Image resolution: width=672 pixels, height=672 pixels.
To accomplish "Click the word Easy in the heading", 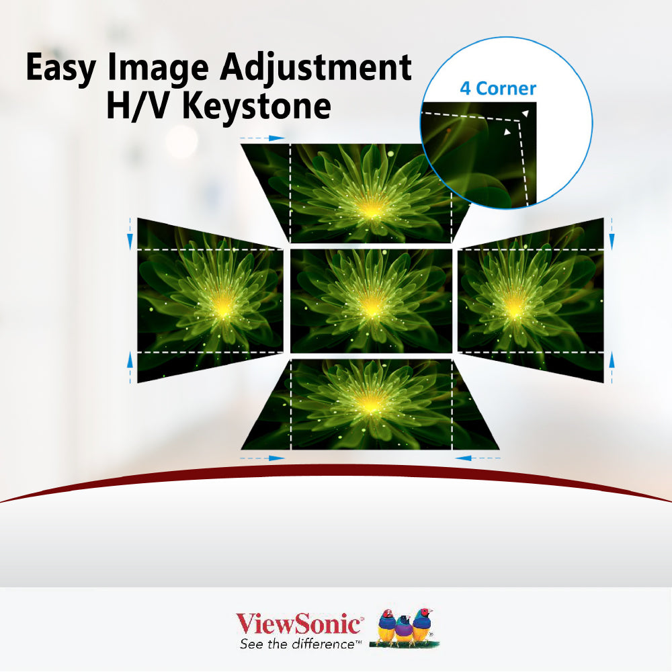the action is [60, 68].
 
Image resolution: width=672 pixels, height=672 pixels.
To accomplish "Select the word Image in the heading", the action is [158, 68].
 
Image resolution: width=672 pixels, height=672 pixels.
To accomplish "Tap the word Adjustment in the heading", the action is [316, 67].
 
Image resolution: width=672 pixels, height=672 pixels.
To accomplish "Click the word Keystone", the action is [257, 106].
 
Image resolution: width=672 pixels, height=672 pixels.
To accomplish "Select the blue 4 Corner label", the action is [498, 89].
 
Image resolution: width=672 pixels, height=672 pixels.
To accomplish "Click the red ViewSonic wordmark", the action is [299, 624].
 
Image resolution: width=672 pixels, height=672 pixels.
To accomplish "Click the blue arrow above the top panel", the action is [262, 138].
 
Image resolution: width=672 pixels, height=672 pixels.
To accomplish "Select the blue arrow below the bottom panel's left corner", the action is [262, 458].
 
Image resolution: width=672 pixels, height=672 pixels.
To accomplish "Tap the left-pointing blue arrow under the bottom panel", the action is [477, 458].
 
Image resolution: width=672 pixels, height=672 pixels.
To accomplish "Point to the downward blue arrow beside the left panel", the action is [130, 234].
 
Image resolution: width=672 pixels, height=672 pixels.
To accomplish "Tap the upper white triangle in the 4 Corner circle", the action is [525, 114].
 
